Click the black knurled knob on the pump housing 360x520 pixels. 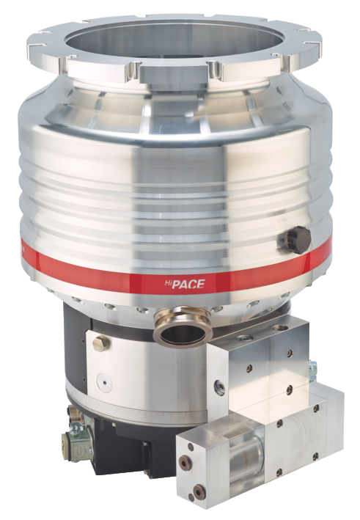(295, 239)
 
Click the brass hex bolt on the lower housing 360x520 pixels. (101, 343)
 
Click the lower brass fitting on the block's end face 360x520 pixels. (199, 489)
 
